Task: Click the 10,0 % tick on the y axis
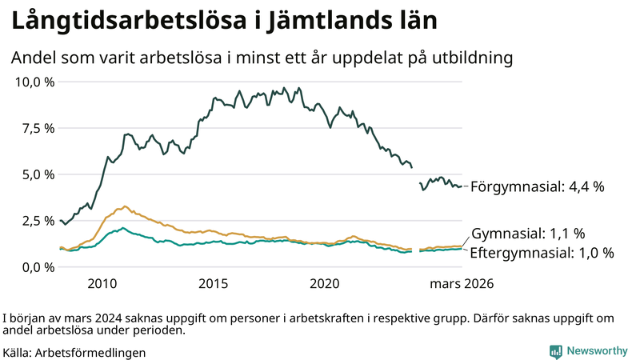[34, 82]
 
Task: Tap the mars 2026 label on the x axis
[462, 284]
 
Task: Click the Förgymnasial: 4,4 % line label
[537, 186]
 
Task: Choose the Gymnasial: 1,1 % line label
[528, 234]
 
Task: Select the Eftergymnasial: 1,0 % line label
[542, 253]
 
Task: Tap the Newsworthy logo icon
[555, 351]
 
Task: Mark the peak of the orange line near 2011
[124, 206]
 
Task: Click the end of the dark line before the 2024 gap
[411, 167]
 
